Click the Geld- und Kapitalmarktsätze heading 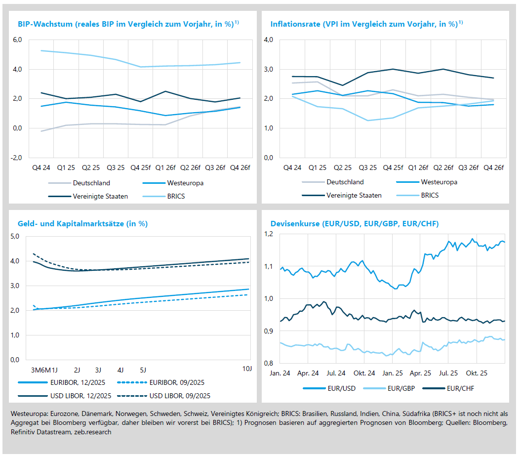82,224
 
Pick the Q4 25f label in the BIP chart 141,167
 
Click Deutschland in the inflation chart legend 345,182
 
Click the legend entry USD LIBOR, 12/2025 79,395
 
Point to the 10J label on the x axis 246,369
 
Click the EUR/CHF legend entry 460,388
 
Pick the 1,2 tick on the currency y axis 269,234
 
